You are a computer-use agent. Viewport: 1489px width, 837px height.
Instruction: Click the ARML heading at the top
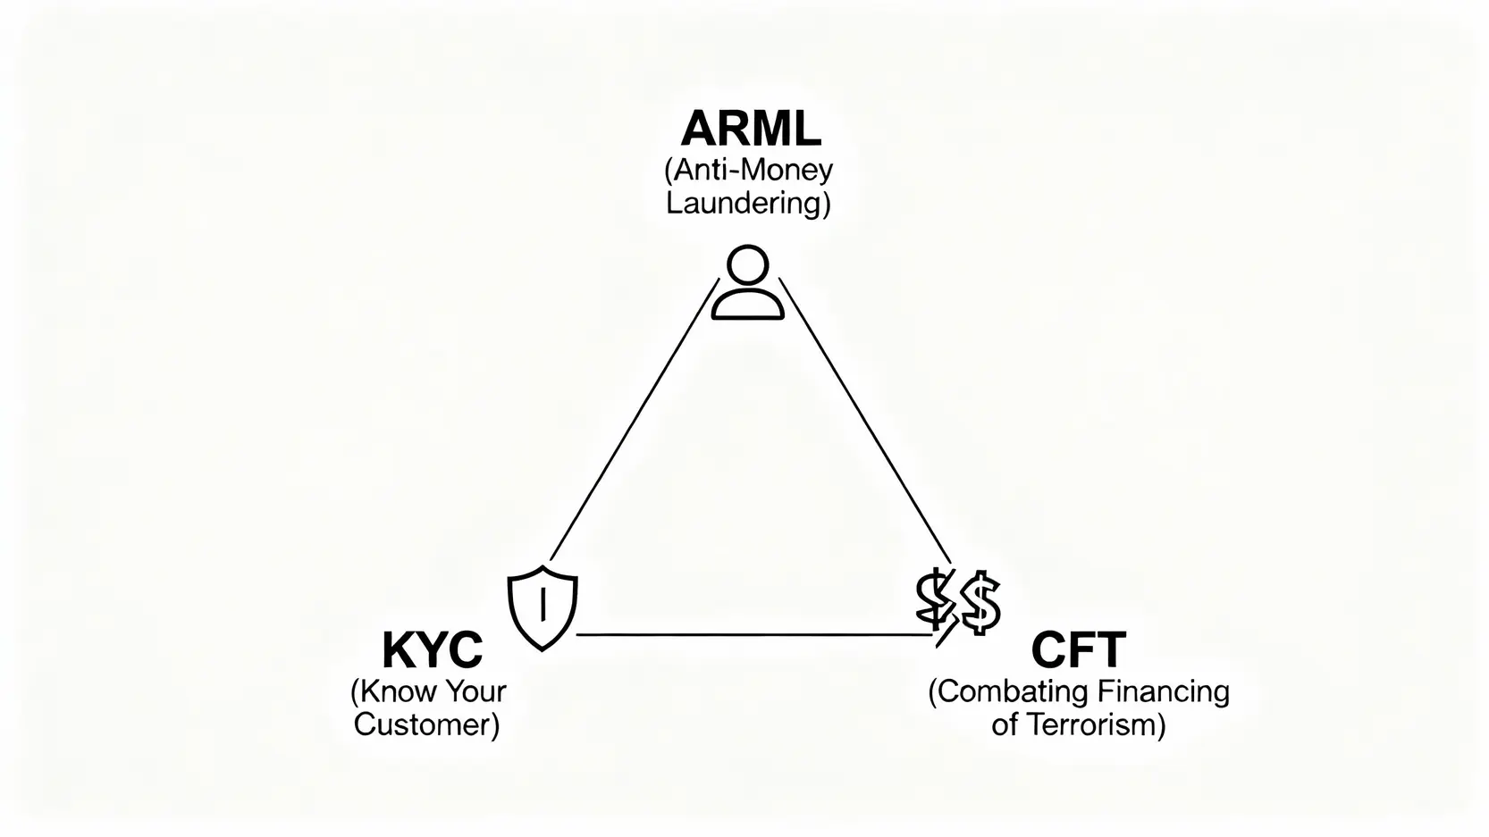750,129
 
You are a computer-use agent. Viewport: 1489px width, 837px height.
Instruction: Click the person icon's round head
748,265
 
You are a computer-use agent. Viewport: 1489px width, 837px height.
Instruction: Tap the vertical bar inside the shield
543,604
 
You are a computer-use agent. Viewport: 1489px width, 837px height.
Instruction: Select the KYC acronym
432,650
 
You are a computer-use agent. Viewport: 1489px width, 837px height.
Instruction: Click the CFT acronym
1078,650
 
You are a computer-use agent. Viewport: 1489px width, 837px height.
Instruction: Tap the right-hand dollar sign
980,603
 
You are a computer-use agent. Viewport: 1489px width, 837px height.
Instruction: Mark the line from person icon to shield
635,420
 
